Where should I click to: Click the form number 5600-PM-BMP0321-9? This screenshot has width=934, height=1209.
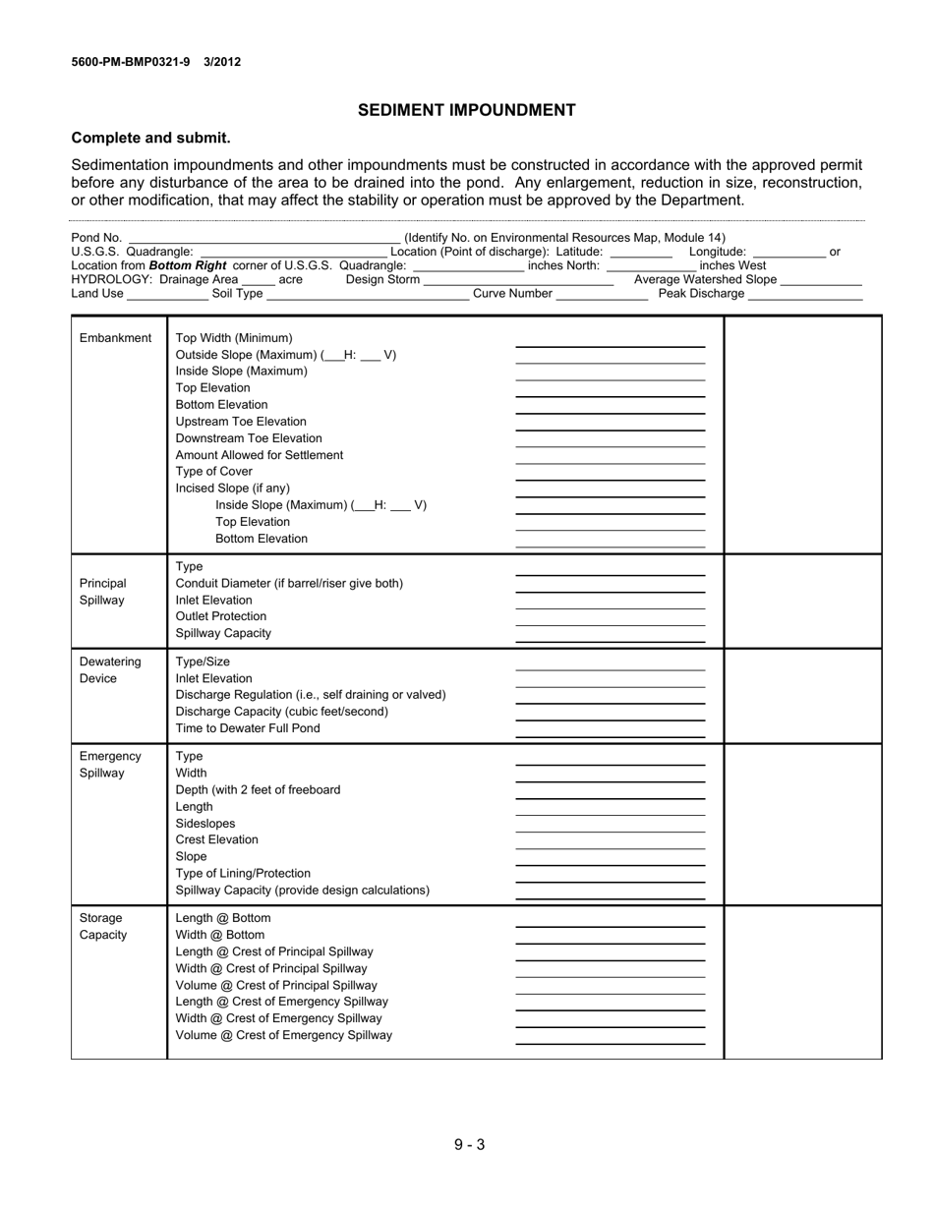click(131, 62)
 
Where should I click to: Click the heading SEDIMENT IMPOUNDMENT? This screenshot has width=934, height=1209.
click(466, 110)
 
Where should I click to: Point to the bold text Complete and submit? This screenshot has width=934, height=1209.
click(150, 138)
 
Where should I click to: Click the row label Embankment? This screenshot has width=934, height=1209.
click(115, 338)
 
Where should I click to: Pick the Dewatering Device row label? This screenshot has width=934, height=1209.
click(110, 670)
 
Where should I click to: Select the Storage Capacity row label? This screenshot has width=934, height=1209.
click(103, 926)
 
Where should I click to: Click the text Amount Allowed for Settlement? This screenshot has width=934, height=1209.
click(259, 455)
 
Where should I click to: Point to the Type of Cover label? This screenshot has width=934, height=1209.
click(213, 472)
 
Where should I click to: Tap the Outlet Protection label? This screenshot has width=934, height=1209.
click(220, 616)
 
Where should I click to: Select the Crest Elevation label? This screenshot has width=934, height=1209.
click(216, 839)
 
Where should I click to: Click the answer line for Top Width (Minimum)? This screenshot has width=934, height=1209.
click(610, 345)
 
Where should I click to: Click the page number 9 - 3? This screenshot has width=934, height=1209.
click(469, 1144)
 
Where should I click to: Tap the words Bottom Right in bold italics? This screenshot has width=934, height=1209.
click(188, 265)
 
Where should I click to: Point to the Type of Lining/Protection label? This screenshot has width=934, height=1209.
click(242, 873)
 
